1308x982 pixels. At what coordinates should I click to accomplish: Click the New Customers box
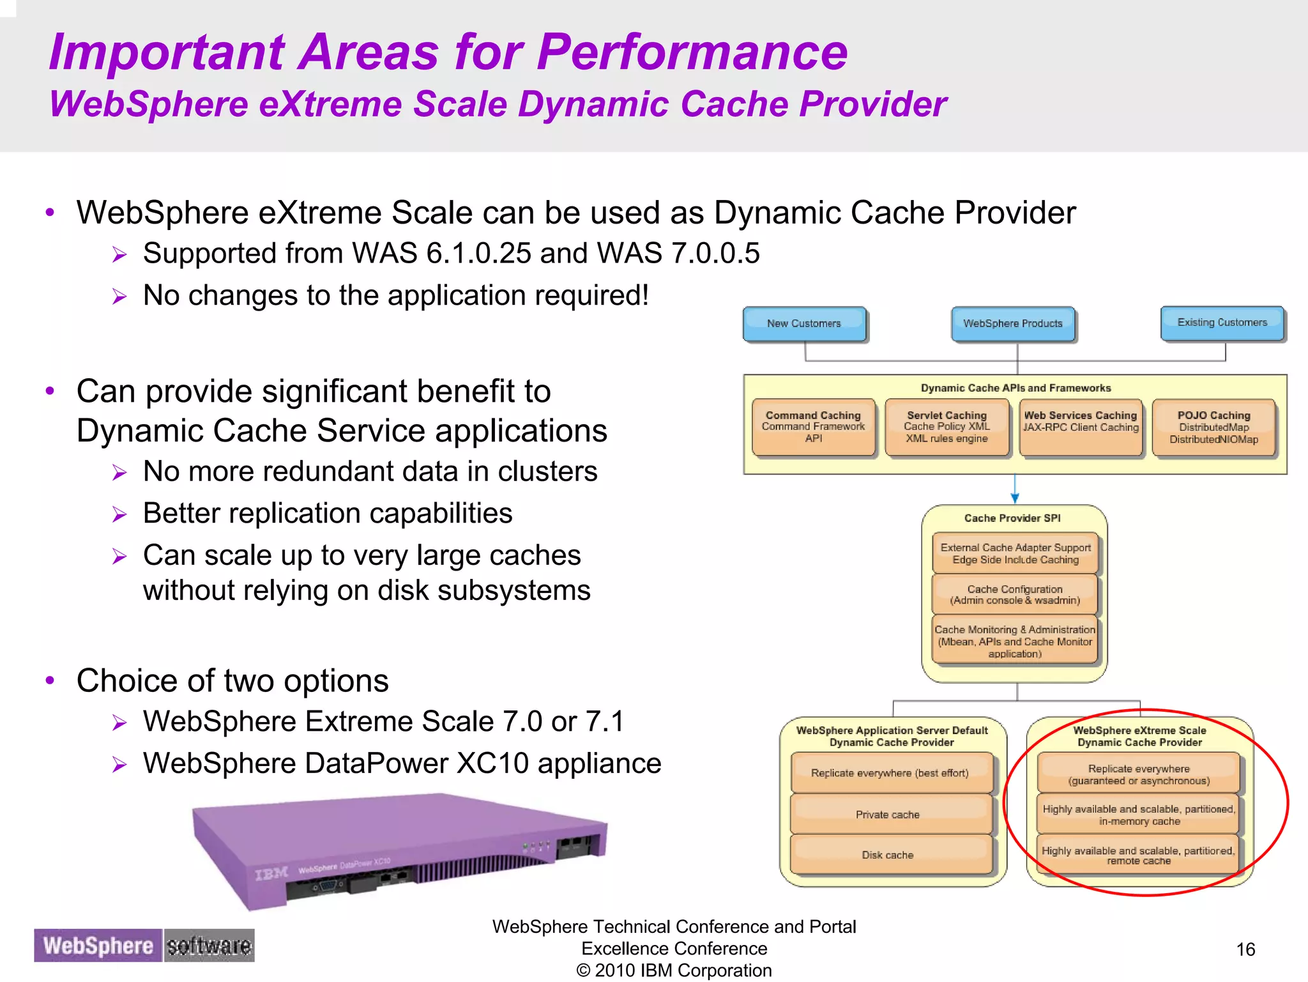[x=804, y=324]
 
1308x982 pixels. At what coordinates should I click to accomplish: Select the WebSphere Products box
[x=1013, y=324]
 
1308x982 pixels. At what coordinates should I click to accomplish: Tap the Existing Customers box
[x=1222, y=323]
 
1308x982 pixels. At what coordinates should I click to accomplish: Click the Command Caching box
[x=813, y=427]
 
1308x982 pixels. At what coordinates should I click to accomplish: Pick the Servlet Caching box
[x=947, y=427]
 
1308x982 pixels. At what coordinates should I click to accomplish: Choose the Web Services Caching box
[x=1081, y=427]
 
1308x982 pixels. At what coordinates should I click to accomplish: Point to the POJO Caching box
[x=1213, y=427]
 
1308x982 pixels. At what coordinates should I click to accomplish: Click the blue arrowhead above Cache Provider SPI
[x=1015, y=498]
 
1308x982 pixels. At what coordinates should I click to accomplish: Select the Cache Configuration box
[x=1015, y=594]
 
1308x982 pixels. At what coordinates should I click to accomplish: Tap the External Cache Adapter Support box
[x=1015, y=553]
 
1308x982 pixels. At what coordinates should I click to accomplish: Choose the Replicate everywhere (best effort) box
[x=890, y=773]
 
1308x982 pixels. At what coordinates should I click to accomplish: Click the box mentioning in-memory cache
[x=1139, y=815]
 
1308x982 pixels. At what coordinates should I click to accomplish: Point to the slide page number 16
[x=1245, y=949]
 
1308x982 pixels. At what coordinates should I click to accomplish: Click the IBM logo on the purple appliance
[x=271, y=873]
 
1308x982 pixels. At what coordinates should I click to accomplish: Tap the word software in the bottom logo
[x=209, y=946]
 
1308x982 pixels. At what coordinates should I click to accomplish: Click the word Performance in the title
[x=692, y=52]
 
